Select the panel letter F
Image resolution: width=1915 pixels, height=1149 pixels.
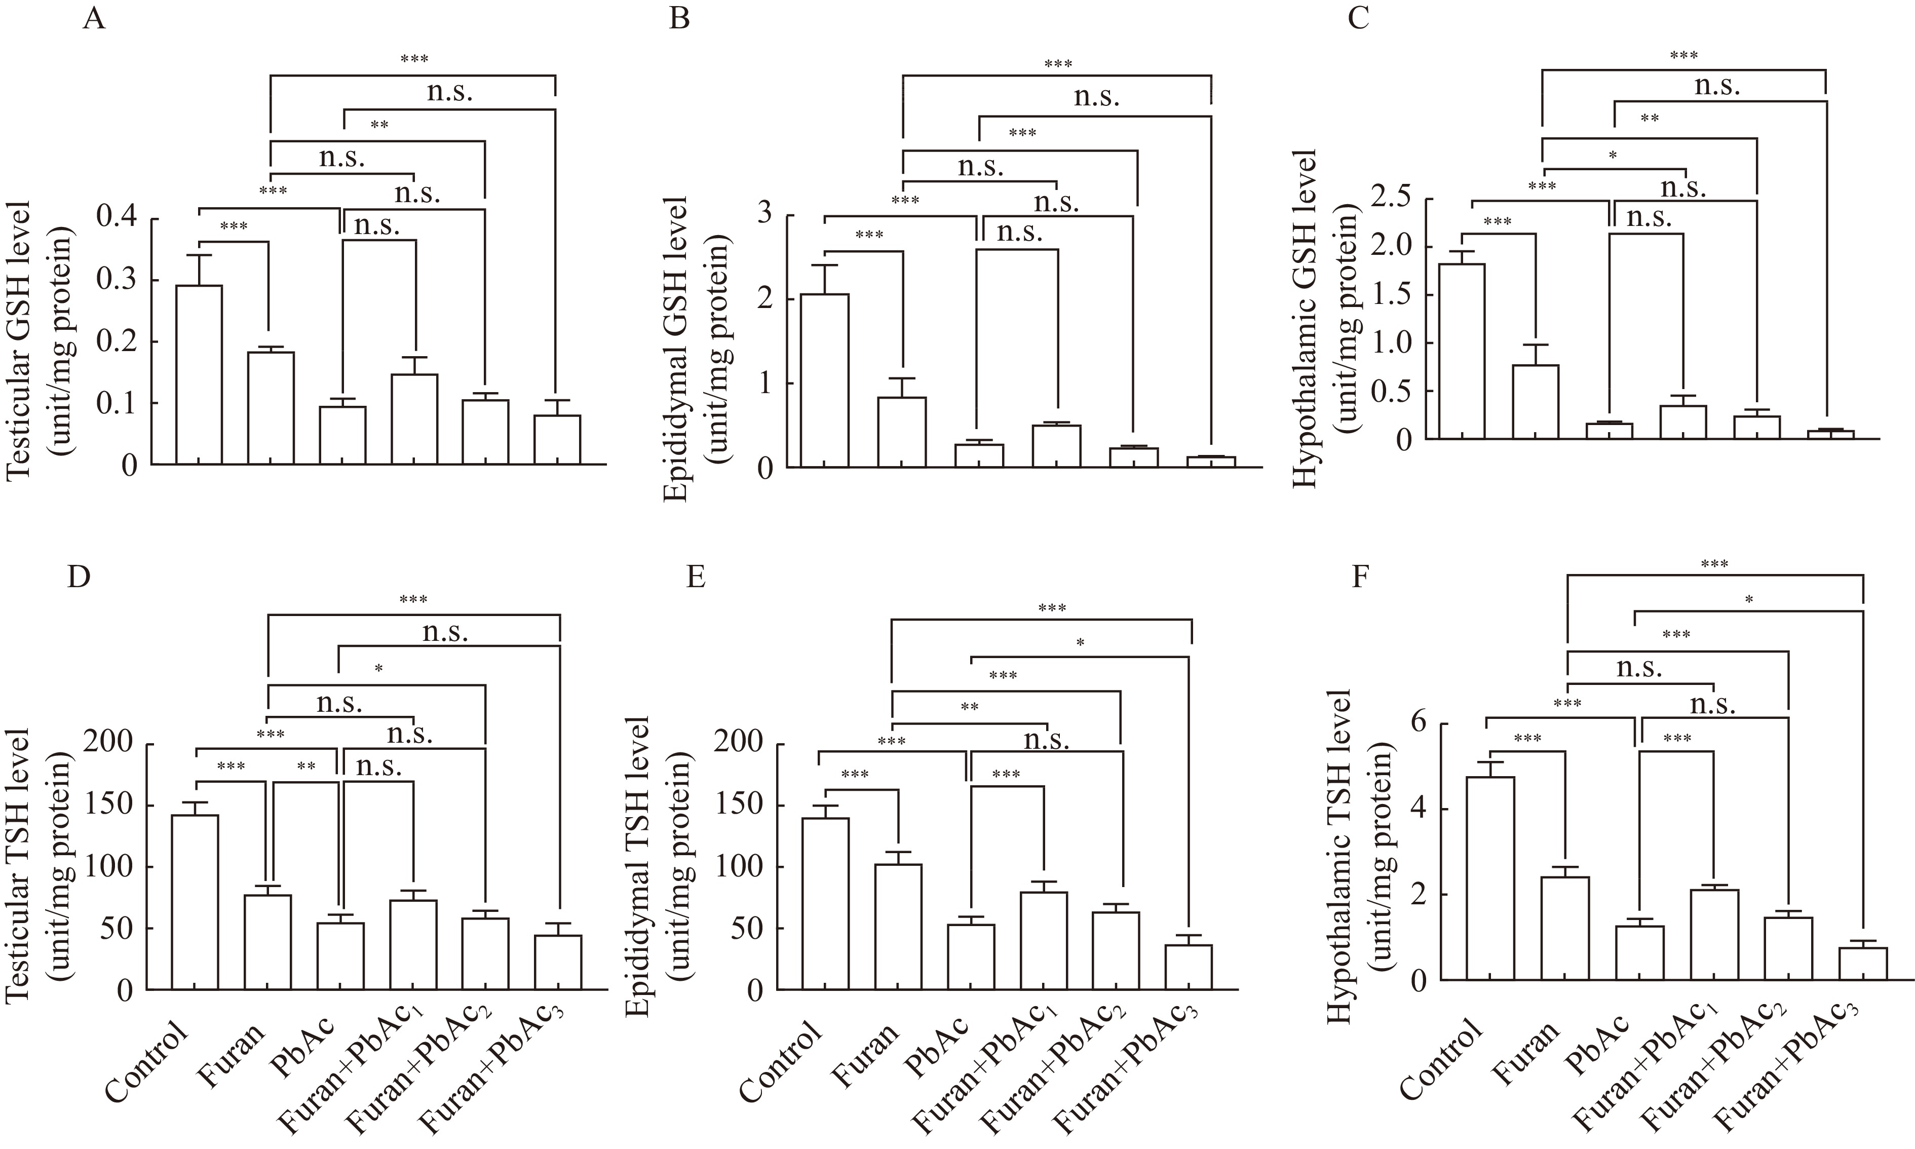tap(1360, 577)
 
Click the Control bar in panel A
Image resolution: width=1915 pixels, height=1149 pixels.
tap(199, 375)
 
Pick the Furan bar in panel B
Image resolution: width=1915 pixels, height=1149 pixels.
tap(902, 432)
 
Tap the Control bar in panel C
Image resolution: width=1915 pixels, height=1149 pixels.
tap(1461, 352)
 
